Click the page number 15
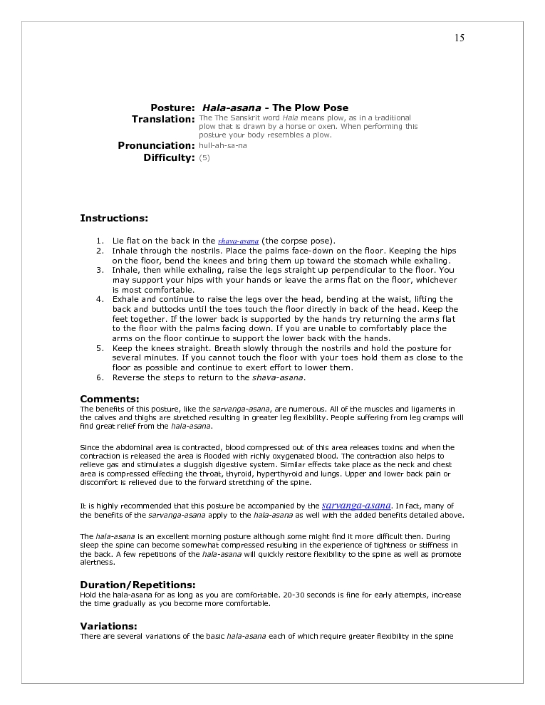click(459, 38)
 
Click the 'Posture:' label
click(172, 108)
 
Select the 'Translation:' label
click(162, 119)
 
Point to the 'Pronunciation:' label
click(156, 145)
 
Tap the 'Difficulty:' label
click(169, 157)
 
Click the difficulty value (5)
click(204, 157)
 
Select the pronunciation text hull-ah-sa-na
click(223, 145)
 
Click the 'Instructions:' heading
click(114, 218)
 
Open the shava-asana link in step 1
click(238, 241)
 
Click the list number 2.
click(100, 251)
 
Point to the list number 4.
click(100, 299)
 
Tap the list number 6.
click(100, 377)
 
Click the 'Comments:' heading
click(110, 399)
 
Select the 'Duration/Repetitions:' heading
click(137, 585)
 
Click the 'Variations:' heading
click(108, 626)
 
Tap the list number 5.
click(100, 348)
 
